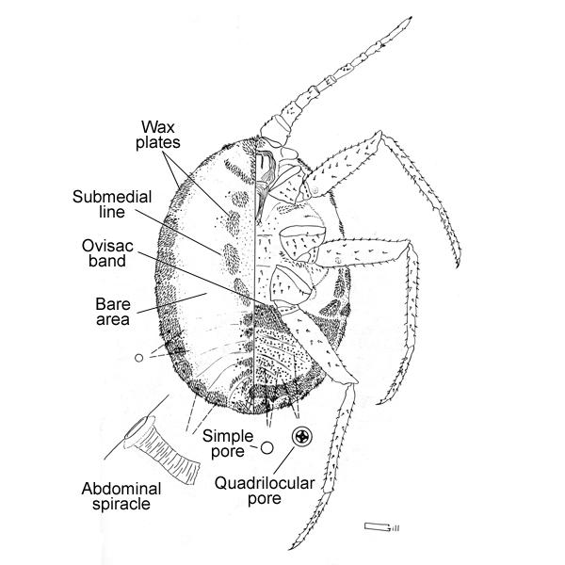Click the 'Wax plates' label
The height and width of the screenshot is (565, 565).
[x=161, y=134]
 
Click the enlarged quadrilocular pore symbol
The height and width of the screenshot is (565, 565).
[x=303, y=436]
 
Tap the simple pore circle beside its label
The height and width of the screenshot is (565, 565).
[x=266, y=448]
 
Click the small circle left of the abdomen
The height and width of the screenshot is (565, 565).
[x=139, y=358]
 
